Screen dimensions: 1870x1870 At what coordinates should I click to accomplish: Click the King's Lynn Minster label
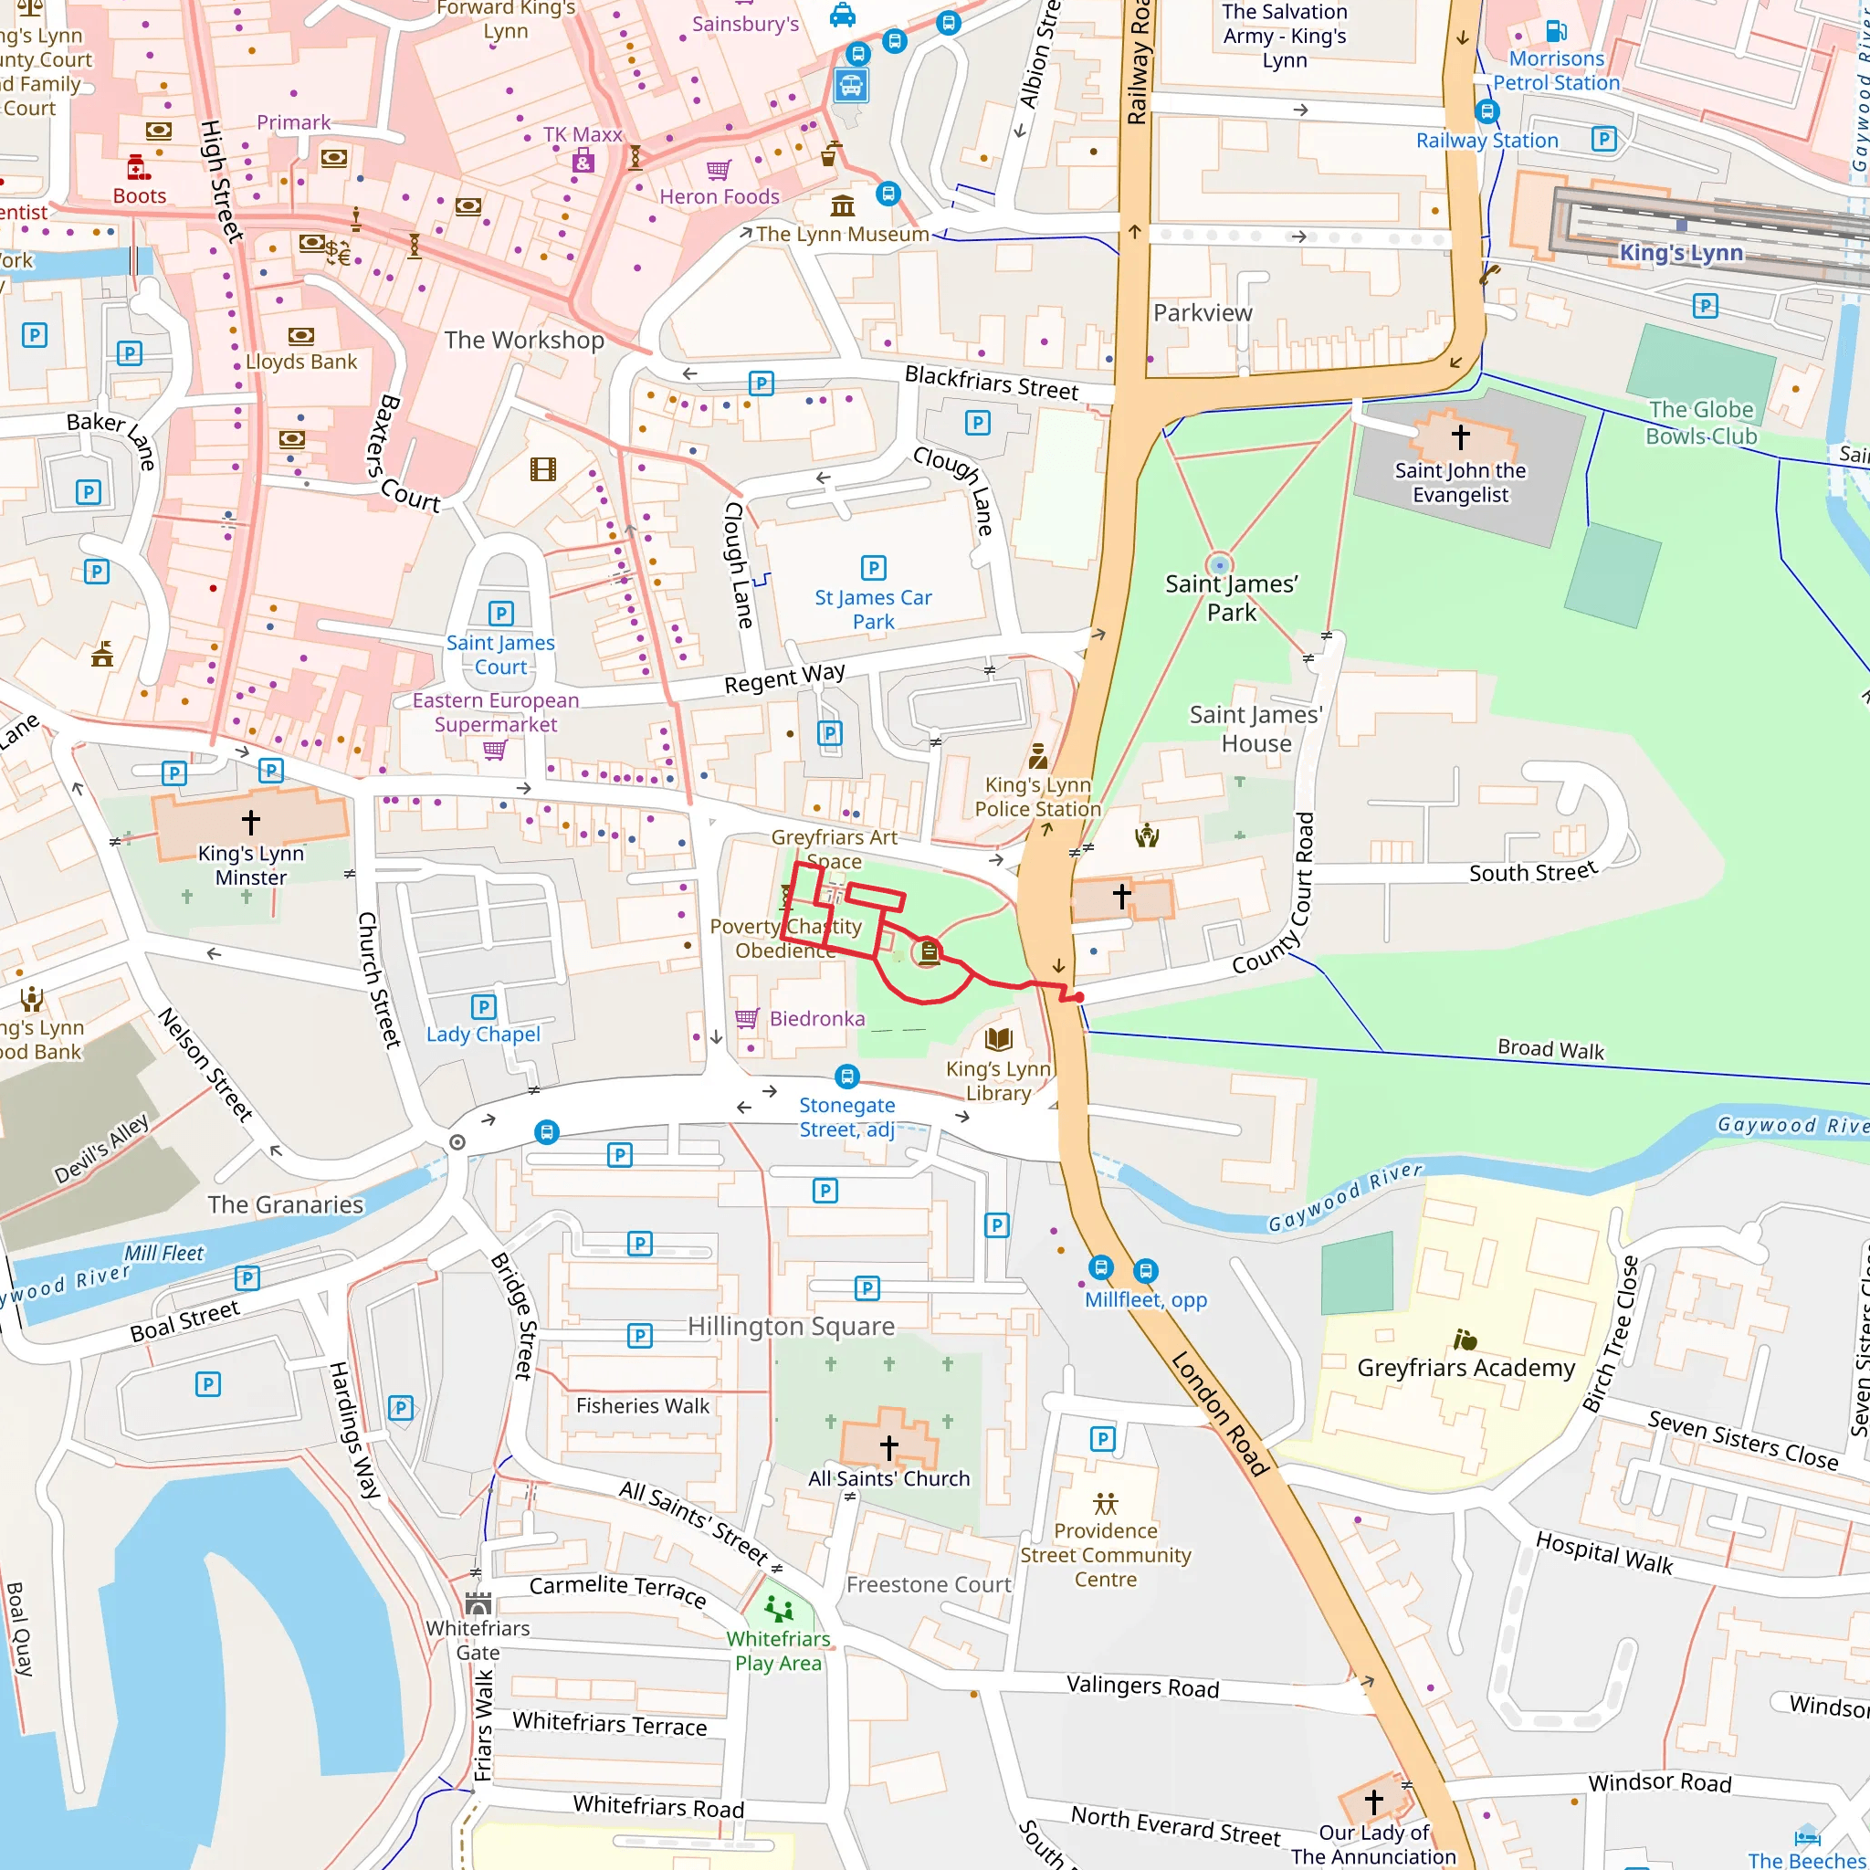click(x=251, y=866)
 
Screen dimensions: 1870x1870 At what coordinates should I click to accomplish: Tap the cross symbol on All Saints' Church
click(x=888, y=1447)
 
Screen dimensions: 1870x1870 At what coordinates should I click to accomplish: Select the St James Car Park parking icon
click(x=873, y=568)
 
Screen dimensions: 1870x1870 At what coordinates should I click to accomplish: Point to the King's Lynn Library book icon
click(x=998, y=1039)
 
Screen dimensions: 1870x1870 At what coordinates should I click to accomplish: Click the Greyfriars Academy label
click(x=1466, y=1368)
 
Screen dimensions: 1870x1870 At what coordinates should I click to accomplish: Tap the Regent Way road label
click(x=784, y=678)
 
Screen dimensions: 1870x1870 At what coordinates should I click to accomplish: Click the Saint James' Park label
click(x=1231, y=597)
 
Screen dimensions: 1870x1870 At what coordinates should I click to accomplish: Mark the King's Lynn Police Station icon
click(x=1037, y=755)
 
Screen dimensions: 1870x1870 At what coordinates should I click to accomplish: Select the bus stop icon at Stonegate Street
click(x=847, y=1077)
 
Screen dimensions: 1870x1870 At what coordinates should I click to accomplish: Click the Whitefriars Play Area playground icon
click(x=778, y=1609)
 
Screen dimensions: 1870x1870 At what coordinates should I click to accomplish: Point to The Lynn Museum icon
click(x=842, y=205)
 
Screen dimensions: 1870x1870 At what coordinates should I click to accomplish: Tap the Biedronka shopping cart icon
click(x=746, y=1018)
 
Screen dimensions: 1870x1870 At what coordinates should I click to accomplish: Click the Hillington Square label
click(x=791, y=1326)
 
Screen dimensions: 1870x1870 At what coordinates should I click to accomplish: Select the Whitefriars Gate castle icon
click(x=478, y=1602)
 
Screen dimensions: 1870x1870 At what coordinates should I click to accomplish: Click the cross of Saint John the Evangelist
click(x=1461, y=436)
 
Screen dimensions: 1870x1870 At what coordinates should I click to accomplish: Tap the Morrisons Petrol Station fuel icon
click(x=1555, y=31)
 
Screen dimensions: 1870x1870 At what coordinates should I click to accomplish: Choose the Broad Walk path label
click(x=1550, y=1049)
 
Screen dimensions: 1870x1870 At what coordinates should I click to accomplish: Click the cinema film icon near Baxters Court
click(x=543, y=469)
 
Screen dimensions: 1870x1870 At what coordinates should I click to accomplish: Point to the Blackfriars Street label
click(x=991, y=383)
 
